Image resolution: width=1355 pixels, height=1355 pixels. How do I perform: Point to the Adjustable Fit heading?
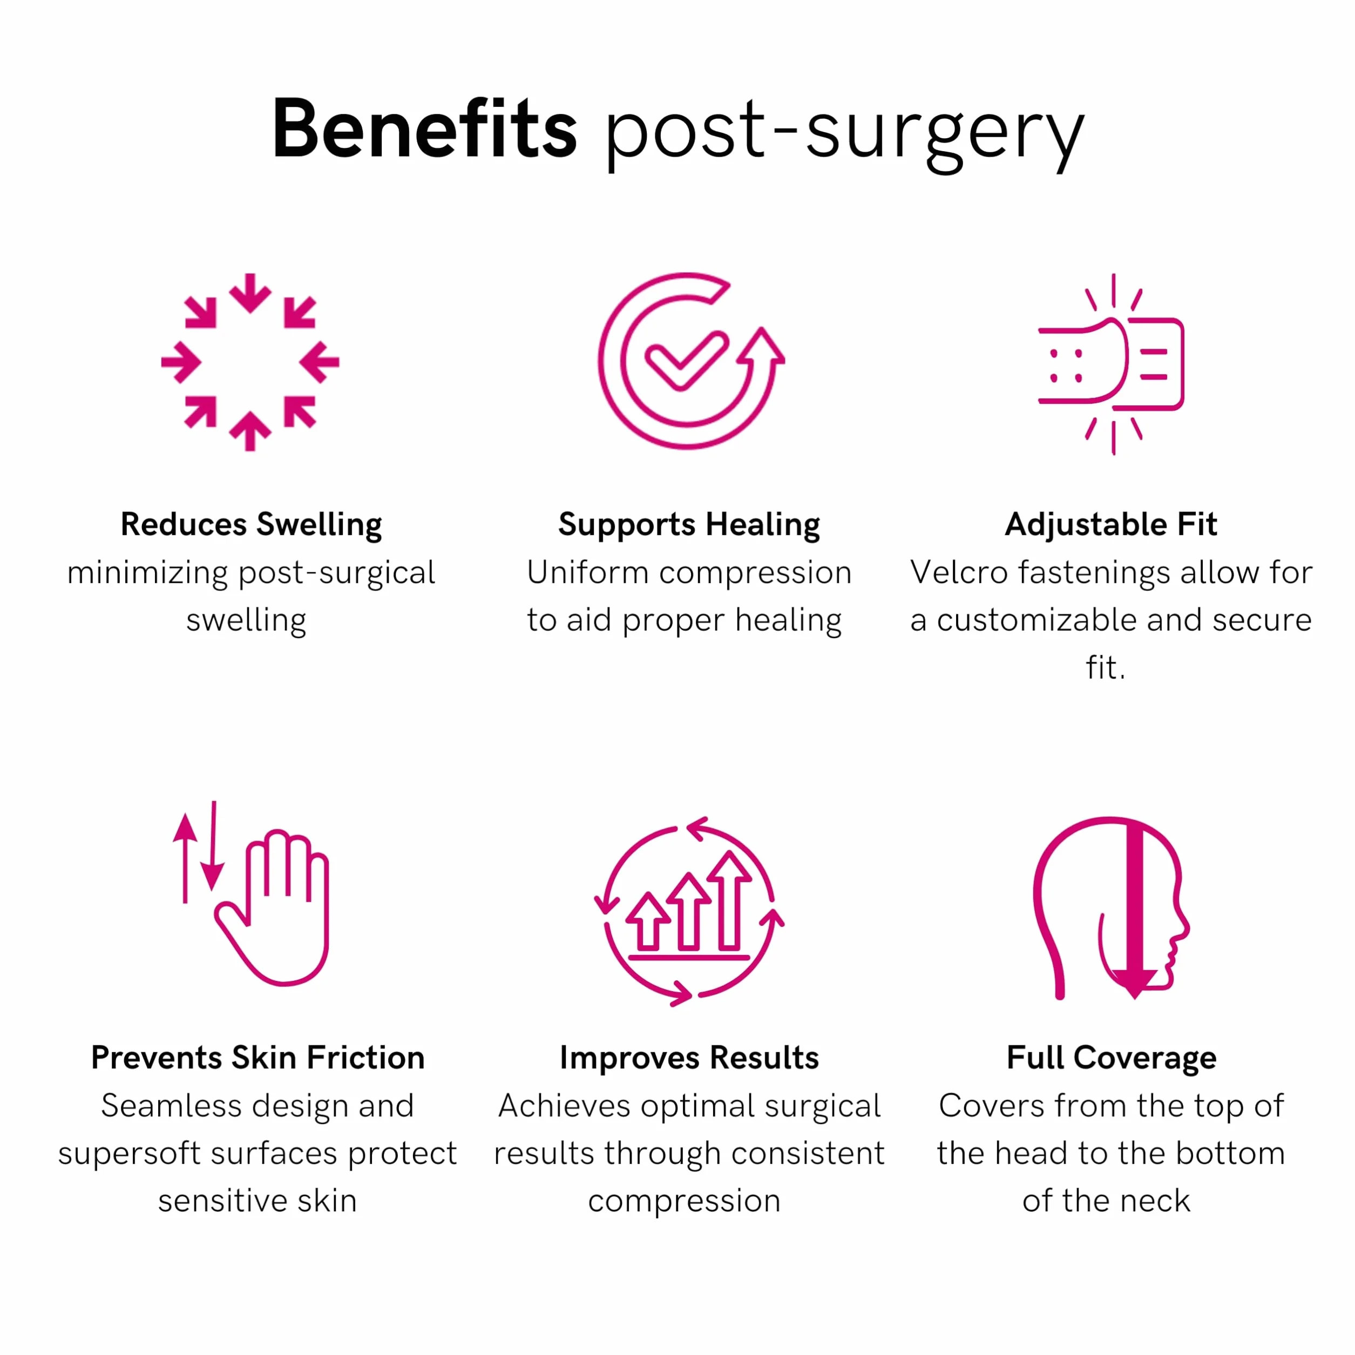click(x=1111, y=525)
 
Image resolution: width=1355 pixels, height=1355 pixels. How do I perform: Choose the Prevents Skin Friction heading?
click(x=258, y=1058)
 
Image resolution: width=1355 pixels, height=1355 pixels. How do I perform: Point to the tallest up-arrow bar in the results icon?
click(x=729, y=900)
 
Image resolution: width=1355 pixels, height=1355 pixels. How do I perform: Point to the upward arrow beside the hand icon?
click(x=185, y=858)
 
